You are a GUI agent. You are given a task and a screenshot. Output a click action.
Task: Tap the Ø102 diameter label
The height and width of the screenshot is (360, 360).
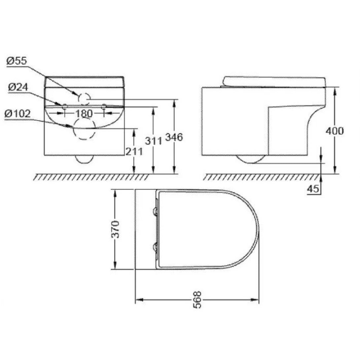pyautogui.click(x=18, y=114)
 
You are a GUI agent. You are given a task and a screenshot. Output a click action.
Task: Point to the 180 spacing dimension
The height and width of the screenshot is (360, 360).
pyautogui.click(x=84, y=113)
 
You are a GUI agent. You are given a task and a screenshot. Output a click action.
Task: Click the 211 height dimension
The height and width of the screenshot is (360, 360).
pyautogui.click(x=134, y=151)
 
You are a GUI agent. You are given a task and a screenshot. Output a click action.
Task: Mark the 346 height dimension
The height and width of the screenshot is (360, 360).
pyautogui.click(x=174, y=137)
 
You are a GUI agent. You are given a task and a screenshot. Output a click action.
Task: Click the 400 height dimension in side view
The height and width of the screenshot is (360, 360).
pyautogui.click(x=335, y=131)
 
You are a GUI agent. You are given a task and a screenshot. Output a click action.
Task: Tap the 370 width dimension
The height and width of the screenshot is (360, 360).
pyautogui.click(x=115, y=229)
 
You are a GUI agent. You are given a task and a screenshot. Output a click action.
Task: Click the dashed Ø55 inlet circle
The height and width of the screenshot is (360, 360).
pyautogui.click(x=84, y=98)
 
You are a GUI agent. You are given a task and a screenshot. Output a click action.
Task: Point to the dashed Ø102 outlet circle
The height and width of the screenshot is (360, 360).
pyautogui.click(x=84, y=129)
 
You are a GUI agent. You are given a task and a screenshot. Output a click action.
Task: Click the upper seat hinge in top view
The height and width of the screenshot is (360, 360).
pyautogui.click(x=155, y=211)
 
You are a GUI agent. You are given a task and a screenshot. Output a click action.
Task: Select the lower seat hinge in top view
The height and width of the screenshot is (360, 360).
pyautogui.click(x=155, y=247)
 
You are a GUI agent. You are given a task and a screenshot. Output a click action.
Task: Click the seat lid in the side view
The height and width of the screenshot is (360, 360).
pyautogui.click(x=274, y=81)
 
